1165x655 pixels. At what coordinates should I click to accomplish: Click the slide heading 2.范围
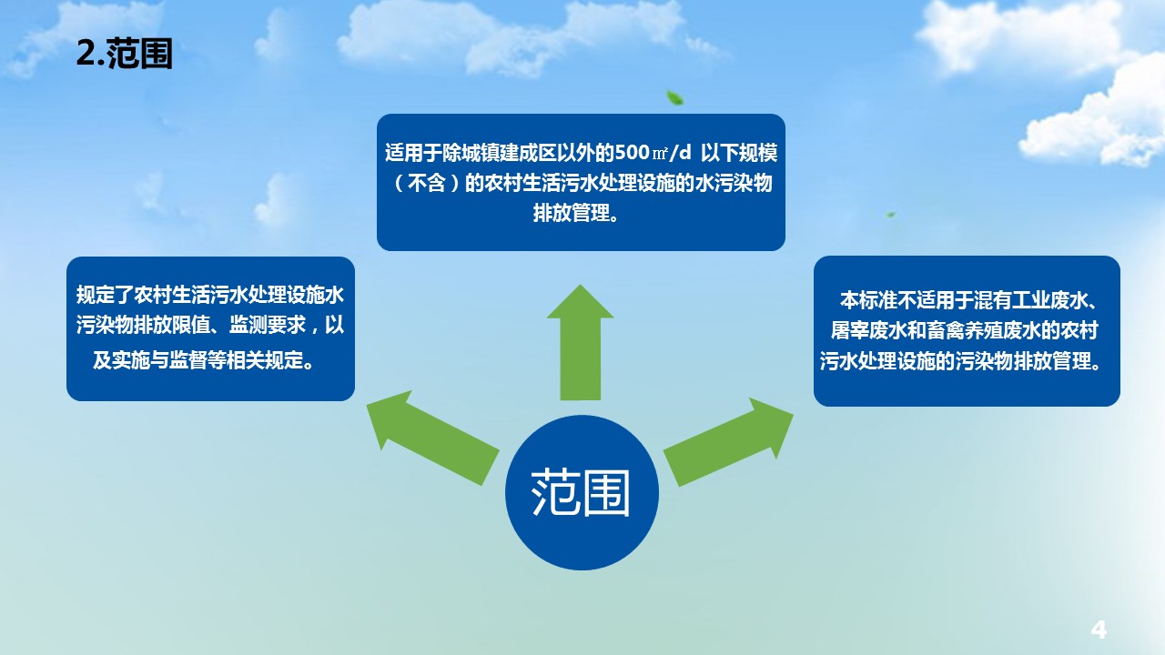coord(125,53)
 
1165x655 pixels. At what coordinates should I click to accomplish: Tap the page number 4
coord(1099,630)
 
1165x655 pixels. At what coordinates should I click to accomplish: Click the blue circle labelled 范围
coord(582,492)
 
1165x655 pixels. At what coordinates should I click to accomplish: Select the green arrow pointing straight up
coord(581,342)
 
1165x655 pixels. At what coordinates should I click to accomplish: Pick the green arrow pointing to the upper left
coord(432,438)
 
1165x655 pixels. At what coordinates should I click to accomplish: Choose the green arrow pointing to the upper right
coord(729,442)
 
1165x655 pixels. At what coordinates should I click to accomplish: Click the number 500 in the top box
coord(633,152)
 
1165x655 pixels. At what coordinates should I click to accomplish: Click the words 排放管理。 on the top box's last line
coord(576,213)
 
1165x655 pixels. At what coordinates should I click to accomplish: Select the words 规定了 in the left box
coord(105,295)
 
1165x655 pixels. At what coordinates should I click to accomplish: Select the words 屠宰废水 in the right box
coord(868,330)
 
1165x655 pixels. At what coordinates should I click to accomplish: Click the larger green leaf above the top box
coord(674,97)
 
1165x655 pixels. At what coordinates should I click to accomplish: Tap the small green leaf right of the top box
coord(891,214)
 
